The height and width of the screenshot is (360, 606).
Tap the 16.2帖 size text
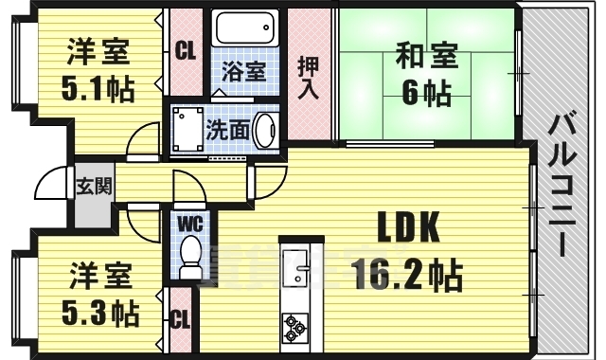click(x=407, y=277)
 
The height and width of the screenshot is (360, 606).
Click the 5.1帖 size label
click(x=99, y=89)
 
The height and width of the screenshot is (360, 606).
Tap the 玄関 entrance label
click(x=95, y=185)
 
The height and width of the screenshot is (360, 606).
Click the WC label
click(x=190, y=224)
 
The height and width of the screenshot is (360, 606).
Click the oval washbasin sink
click(x=265, y=130)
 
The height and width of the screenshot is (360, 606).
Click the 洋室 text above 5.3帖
click(x=99, y=279)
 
